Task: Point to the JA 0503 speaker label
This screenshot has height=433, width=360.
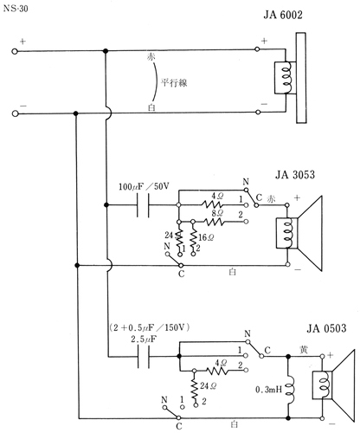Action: coord(325,328)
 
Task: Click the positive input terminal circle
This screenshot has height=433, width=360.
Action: coord(15,51)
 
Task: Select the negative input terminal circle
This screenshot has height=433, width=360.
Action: coord(15,112)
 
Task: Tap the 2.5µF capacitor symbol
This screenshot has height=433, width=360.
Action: coord(141,356)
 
